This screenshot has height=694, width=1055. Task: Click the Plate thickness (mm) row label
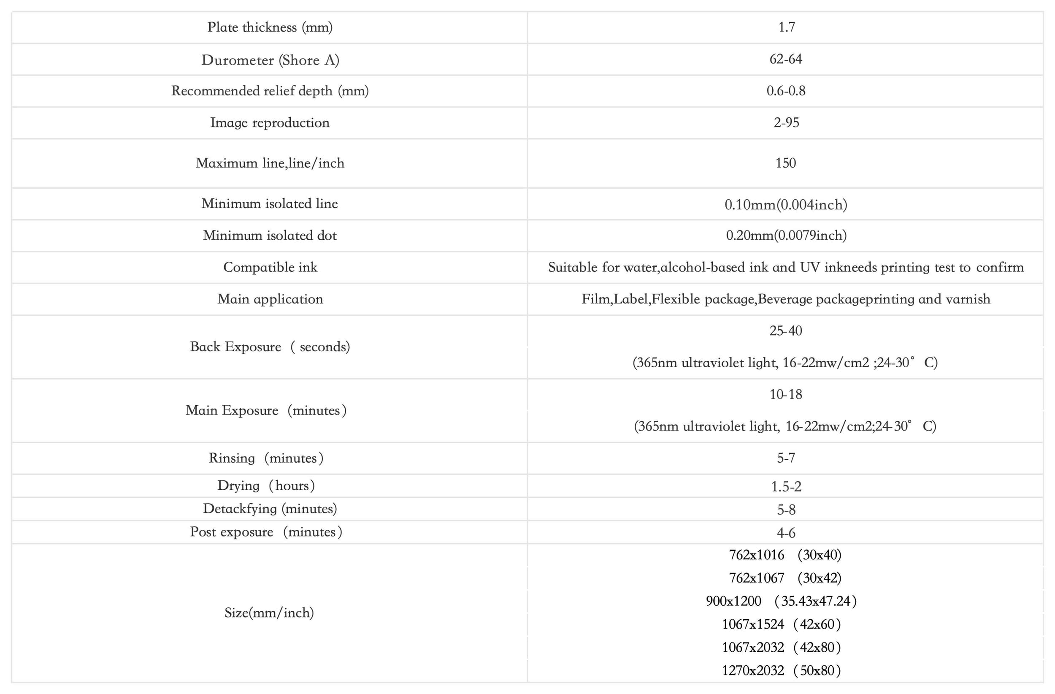coord(270,27)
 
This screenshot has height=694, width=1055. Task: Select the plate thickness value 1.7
coord(786,27)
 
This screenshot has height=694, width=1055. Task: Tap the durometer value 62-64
coord(785,59)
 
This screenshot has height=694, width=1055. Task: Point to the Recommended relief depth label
coord(270,91)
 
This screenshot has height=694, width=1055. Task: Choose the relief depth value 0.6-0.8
coord(785,91)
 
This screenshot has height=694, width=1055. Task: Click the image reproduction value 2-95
coord(786,122)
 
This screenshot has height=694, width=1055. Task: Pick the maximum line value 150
coord(785,163)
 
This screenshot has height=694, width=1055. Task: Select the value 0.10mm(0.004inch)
coord(785,204)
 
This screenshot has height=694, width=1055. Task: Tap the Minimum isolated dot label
coord(270,236)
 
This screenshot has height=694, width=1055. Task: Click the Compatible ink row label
coord(270,267)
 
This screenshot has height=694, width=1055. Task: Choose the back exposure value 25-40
coord(785,331)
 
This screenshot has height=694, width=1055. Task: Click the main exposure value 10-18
coord(785,394)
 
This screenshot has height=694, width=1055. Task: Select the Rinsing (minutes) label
coord(266,458)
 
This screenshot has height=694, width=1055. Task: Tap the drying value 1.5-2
coord(786,486)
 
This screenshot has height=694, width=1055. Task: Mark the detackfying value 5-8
coord(786,510)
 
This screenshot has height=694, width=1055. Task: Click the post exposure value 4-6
coord(786,533)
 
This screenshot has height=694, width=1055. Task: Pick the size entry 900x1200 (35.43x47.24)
coord(781,601)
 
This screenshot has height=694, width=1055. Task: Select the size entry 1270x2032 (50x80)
coord(781,670)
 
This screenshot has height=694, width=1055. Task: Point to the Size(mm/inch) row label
coord(269,613)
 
